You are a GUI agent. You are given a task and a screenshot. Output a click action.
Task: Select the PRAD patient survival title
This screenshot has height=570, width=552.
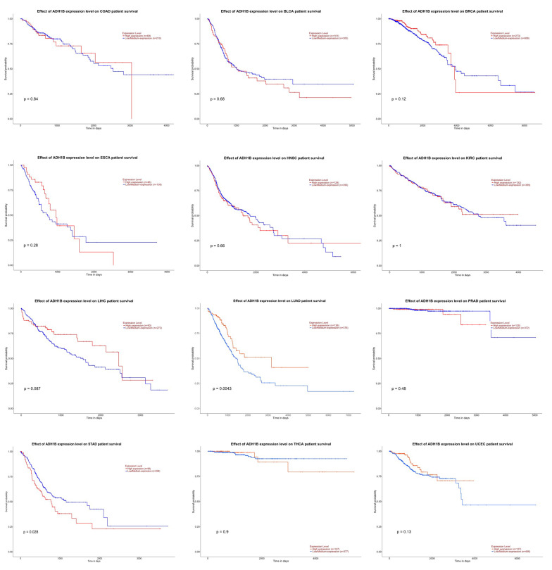tap(456, 300)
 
